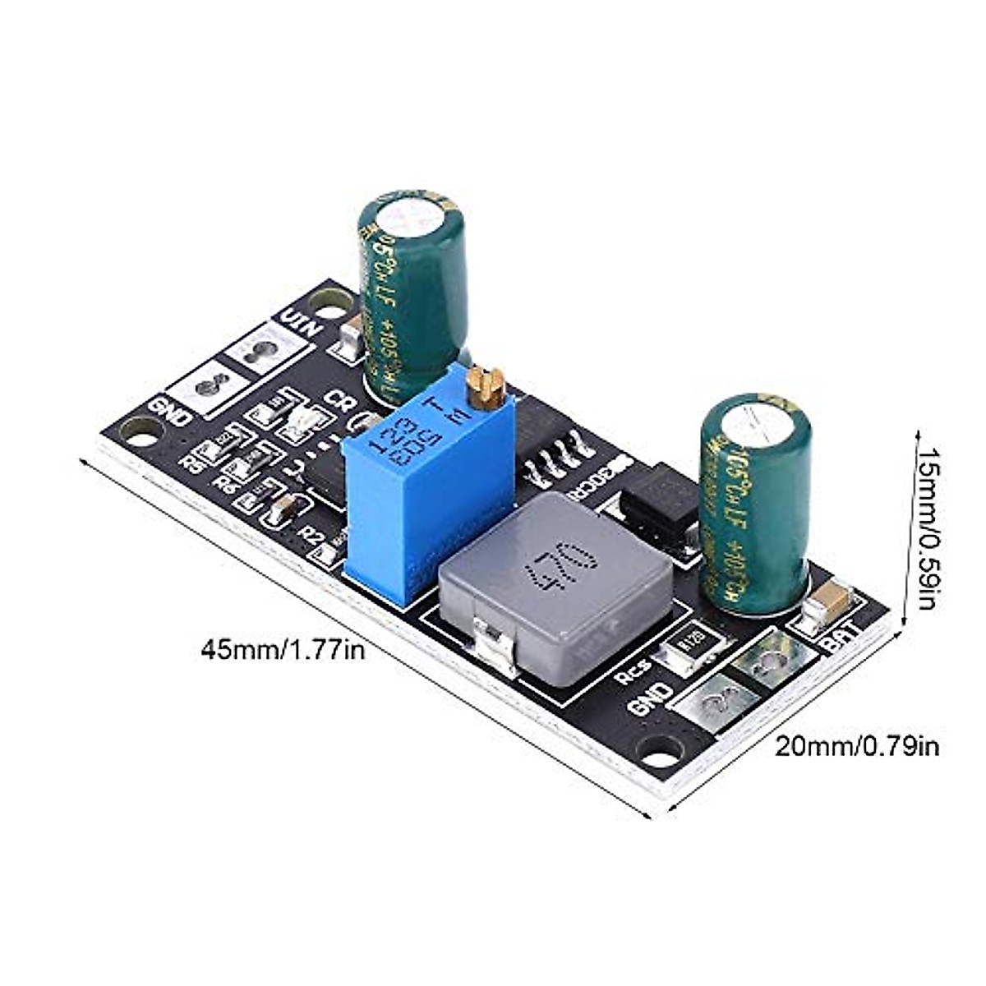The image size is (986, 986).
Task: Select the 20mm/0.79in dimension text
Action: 858,746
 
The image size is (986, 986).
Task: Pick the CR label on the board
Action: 339,399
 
